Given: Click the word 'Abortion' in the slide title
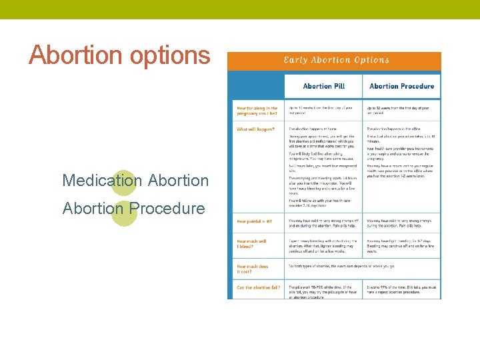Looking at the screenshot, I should tap(72, 55).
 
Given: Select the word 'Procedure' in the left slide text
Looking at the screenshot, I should tap(167, 208).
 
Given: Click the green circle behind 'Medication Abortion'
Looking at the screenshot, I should tap(124, 182).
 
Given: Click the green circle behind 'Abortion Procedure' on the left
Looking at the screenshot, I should tap(124, 211).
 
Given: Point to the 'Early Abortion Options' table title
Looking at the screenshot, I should tap(336, 60).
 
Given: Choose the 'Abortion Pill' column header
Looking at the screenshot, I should tap(323, 86).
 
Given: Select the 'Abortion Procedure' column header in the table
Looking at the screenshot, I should tap(401, 86).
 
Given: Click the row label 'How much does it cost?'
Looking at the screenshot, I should tap(253, 269).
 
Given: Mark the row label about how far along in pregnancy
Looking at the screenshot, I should tap(257, 111).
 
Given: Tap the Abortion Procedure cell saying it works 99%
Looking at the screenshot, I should tap(401, 290).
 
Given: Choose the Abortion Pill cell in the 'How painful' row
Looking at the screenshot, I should tap(323, 223).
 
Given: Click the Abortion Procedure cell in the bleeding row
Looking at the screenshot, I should tap(401, 245).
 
